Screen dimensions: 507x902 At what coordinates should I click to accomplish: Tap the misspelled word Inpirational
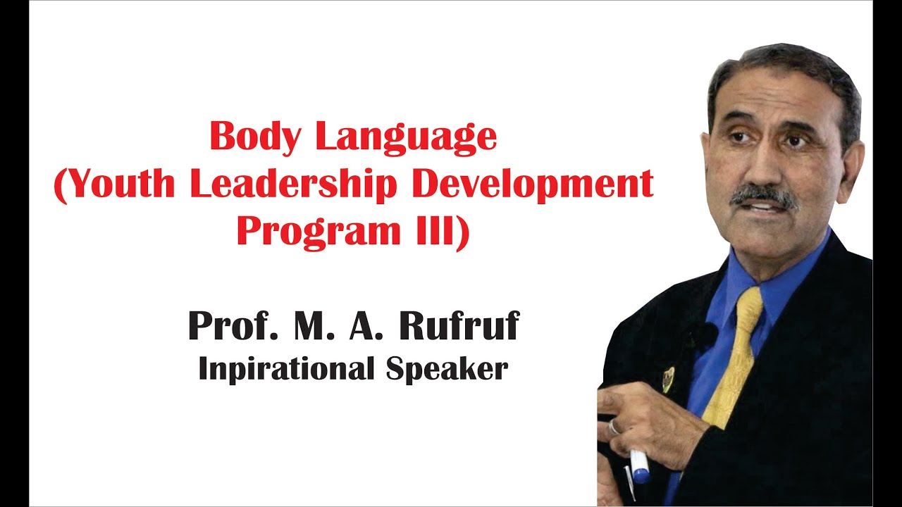coord(287,369)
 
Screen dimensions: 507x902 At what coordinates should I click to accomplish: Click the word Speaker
coord(447,368)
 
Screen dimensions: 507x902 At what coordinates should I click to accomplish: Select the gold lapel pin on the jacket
coord(668,378)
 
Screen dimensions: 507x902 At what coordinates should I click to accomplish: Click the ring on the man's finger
coord(614,427)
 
